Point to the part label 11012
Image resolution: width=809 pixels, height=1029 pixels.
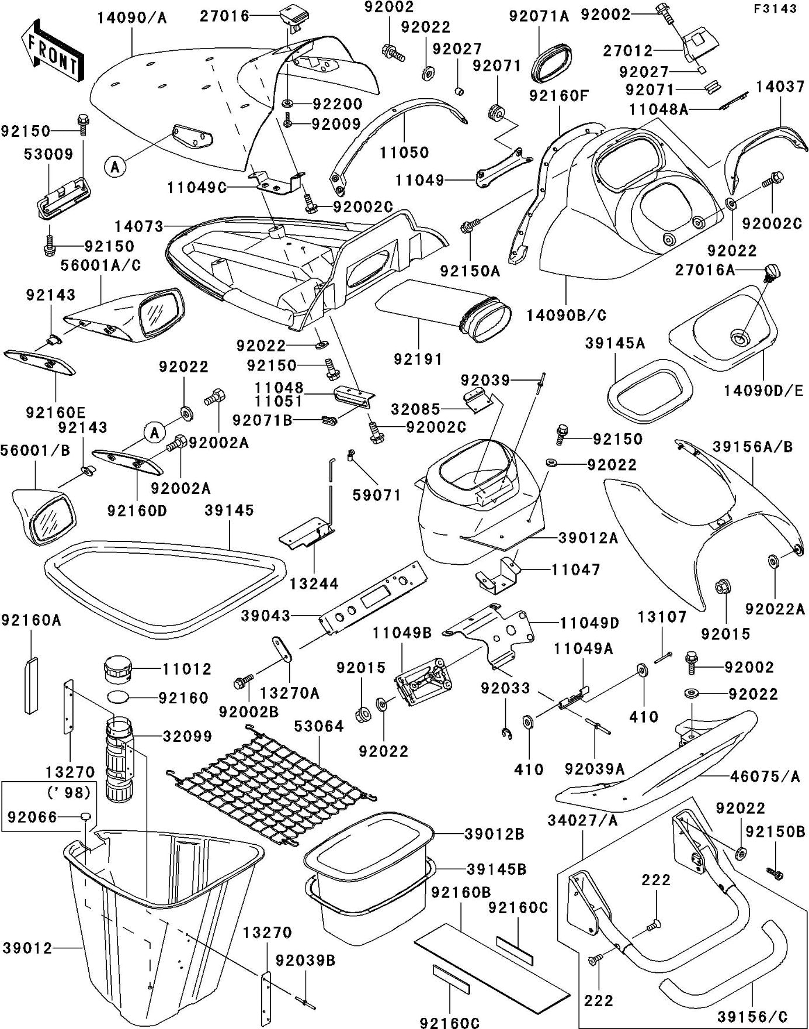[x=186, y=669]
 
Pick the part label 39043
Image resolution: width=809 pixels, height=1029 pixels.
[x=266, y=616]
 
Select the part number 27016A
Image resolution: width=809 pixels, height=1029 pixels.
[x=704, y=270]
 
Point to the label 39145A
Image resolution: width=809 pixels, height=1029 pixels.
[x=615, y=344]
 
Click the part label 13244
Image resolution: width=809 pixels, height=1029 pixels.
[x=314, y=583]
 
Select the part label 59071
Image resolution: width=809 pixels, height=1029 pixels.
[x=377, y=496]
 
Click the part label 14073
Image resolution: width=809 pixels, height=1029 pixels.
[x=139, y=226]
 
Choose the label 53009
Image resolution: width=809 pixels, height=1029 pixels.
[x=48, y=154]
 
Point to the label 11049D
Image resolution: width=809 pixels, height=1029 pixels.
[x=589, y=623]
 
